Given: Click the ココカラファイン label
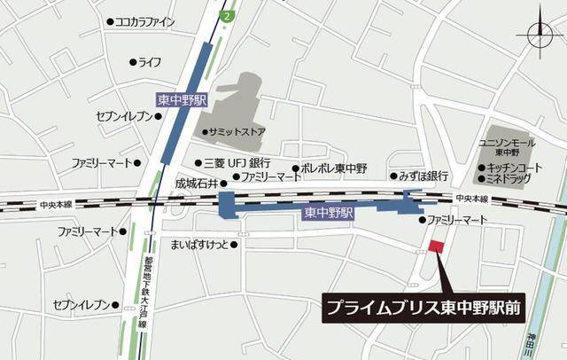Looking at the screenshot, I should click(144, 22).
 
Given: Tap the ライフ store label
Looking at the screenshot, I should click(150, 62).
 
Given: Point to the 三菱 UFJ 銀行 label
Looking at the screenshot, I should click(237, 163).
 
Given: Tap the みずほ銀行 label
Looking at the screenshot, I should click(423, 176).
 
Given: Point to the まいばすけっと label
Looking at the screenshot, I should click(199, 245).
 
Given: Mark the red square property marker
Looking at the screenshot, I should click(436, 247).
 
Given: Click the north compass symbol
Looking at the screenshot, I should click(540, 35).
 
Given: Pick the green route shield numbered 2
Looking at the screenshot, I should click(229, 15).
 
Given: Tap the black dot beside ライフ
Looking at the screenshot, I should click(133, 62).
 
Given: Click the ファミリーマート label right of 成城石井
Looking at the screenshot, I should click(272, 177).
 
